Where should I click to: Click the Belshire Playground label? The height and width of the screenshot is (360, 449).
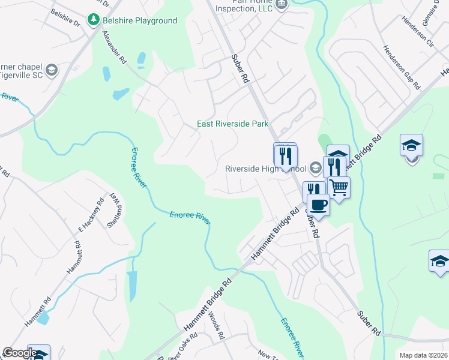(139, 20)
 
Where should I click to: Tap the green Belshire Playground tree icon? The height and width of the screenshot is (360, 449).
(93, 20)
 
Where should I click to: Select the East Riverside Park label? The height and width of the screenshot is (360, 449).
(233, 124)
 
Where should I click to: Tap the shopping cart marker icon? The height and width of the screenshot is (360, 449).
(339, 188)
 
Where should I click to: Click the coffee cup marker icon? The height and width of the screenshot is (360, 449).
(318, 205)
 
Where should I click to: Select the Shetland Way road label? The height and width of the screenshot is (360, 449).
(115, 211)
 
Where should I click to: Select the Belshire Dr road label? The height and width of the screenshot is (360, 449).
(65, 17)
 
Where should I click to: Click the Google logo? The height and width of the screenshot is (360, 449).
(19, 353)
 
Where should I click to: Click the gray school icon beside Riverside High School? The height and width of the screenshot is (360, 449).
(316, 168)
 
